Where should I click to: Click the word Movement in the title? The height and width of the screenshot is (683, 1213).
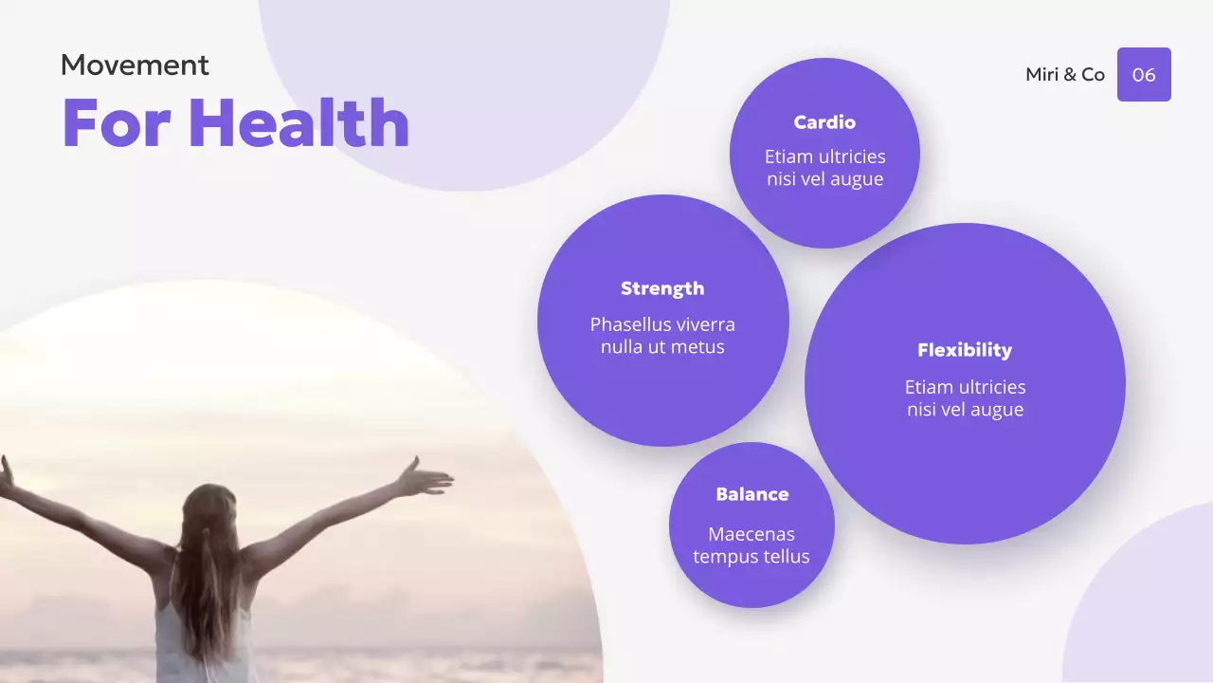[x=135, y=65]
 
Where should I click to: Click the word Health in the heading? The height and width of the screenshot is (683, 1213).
[x=299, y=123]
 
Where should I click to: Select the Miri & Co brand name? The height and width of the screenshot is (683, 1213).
[x=1065, y=75]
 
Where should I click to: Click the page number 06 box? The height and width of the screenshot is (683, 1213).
[x=1144, y=75]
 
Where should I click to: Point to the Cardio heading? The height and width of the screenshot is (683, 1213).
[x=824, y=122]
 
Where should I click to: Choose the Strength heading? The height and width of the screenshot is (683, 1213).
[x=662, y=288]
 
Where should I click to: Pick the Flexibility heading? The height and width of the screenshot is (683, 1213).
[x=965, y=350]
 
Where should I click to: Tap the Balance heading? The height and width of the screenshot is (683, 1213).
[x=751, y=494]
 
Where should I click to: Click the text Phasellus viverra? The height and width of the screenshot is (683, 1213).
[x=662, y=324]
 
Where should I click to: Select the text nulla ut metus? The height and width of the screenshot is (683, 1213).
[x=662, y=347]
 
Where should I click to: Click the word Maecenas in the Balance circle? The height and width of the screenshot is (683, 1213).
[x=751, y=534]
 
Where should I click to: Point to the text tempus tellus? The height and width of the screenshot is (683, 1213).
[x=751, y=557]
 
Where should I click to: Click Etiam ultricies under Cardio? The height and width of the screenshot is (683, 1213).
[x=824, y=157]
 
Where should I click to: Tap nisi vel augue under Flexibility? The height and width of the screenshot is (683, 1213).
[x=965, y=410]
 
